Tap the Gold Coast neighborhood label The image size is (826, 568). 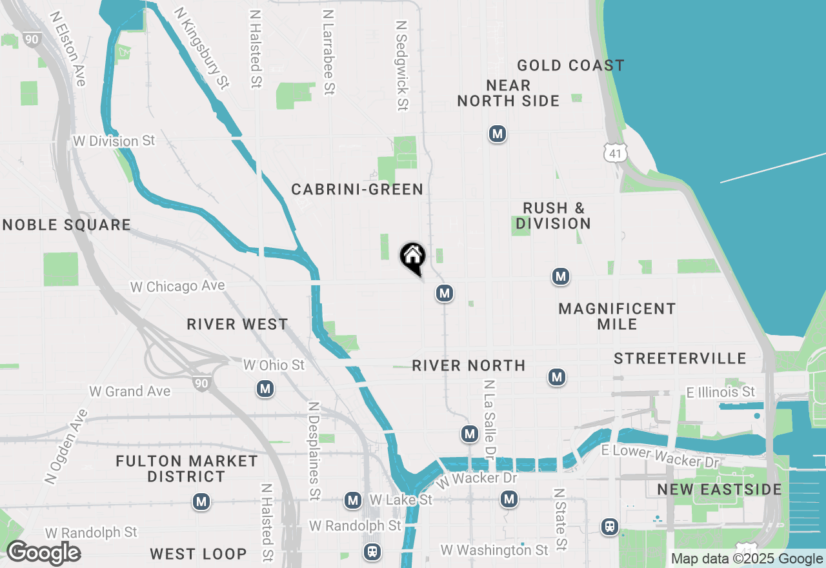pos(570,65)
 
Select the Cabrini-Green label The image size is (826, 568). pos(357,189)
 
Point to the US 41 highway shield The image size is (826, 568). pos(615,152)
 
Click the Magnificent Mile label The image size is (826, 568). pos(617,316)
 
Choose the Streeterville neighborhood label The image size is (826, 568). pos(680,358)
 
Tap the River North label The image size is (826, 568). pos(468,365)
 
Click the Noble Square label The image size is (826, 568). pos(67,225)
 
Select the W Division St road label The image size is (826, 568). pos(114,141)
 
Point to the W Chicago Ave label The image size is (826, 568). pos(177,286)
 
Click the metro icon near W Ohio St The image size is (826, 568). pos(265,389)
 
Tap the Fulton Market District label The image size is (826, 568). pos(186,469)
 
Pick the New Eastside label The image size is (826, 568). pos(720,489)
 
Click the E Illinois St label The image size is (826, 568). pos(720,392)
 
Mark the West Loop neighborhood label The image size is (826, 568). pos(198,553)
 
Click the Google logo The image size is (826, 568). pos(43,553)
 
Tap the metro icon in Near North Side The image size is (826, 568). pos(497,134)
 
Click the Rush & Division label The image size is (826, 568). pos(553,216)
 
